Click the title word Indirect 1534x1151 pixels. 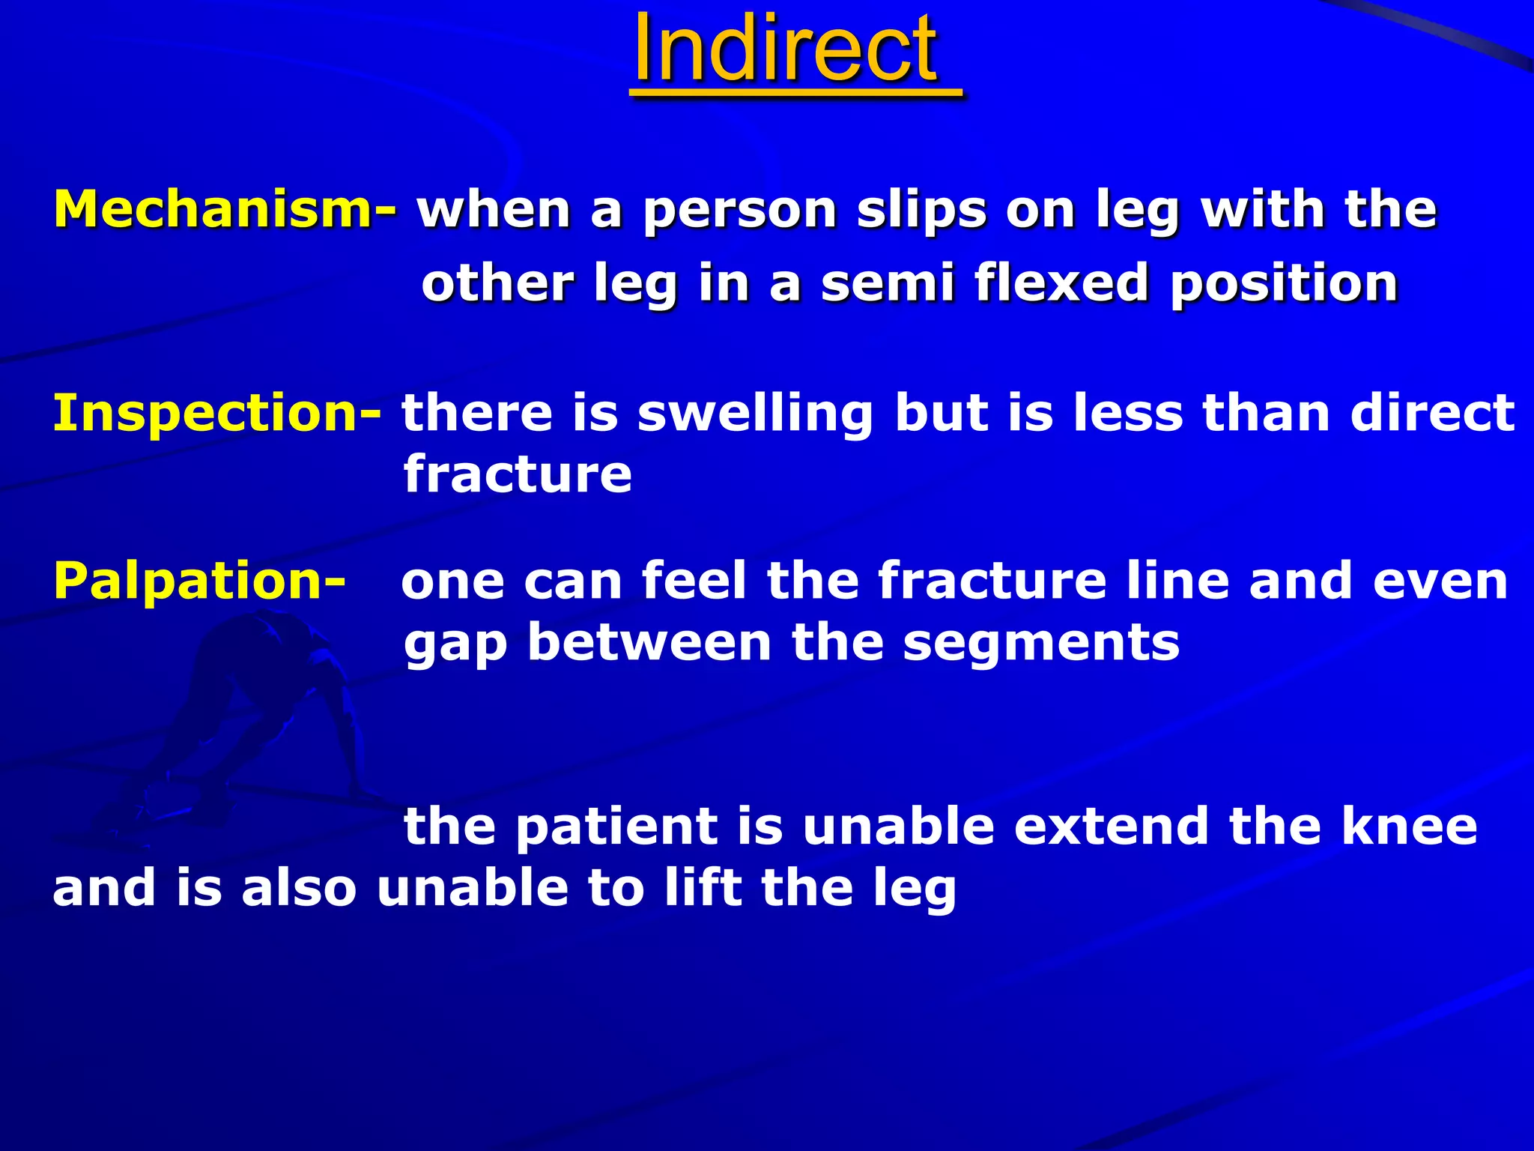pyautogui.click(x=784, y=51)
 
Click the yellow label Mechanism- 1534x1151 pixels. pyautogui.click(x=225, y=209)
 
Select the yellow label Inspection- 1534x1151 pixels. pyautogui.click(x=216, y=413)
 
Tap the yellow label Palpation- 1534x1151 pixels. pyautogui.click(x=199, y=581)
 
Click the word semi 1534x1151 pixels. pyautogui.click(x=888, y=283)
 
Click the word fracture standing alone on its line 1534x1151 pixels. pyautogui.click(x=518, y=474)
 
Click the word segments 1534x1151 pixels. pyautogui.click(x=1041, y=644)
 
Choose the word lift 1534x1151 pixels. pyautogui.click(x=694, y=888)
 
